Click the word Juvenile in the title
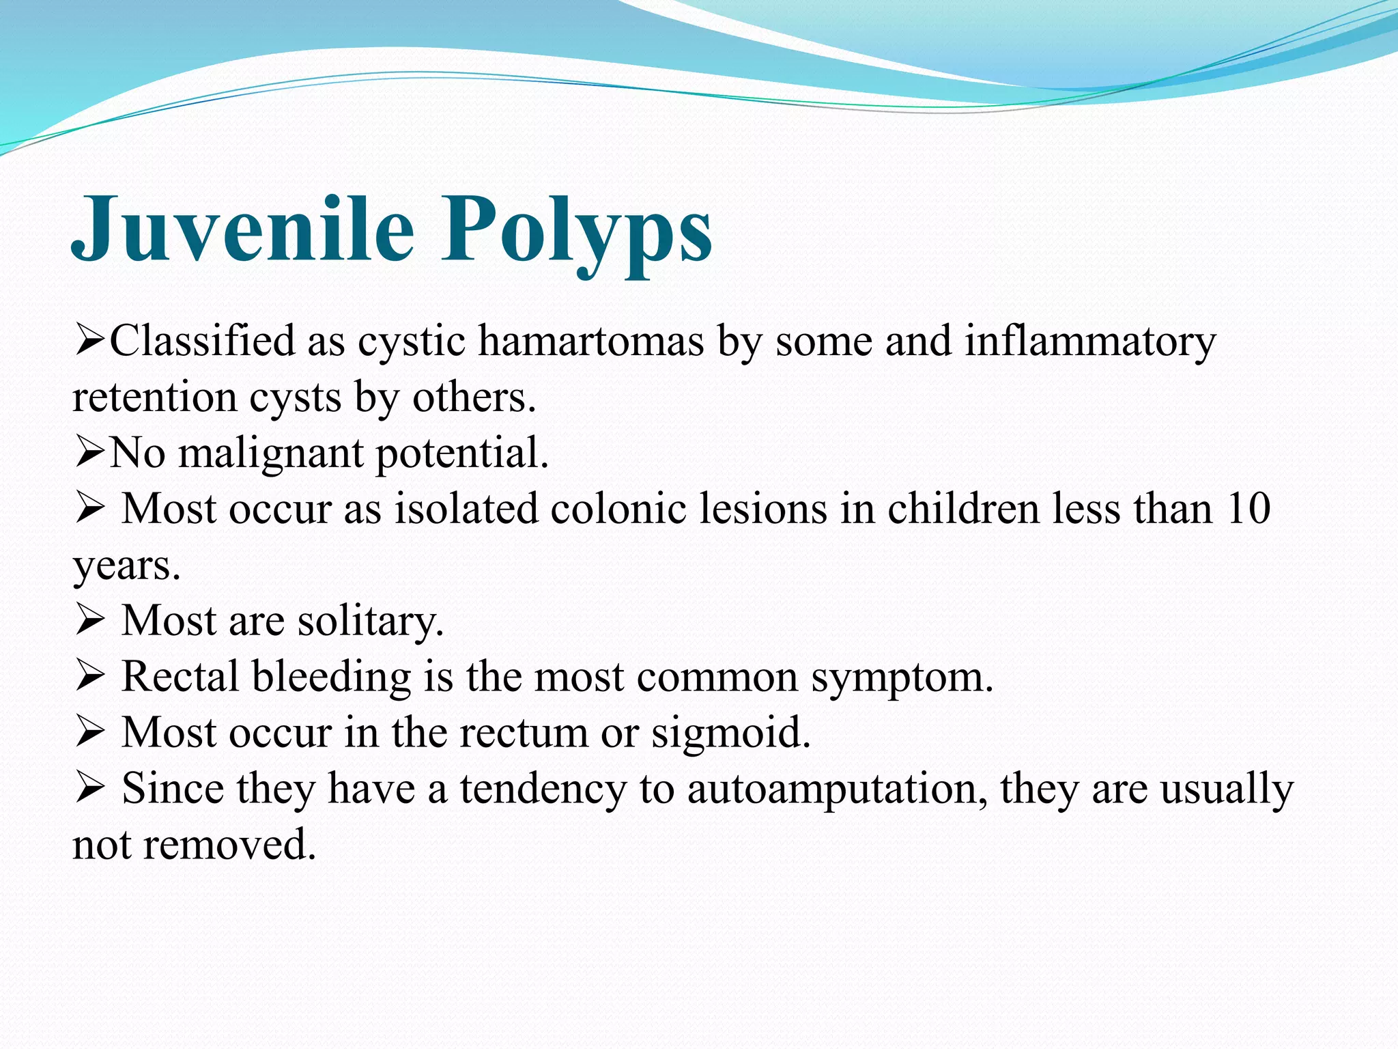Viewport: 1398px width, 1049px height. pos(242,229)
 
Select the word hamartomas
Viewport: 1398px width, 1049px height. pos(590,341)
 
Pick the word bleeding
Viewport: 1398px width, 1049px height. pos(331,678)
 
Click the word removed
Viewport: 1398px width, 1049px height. pos(230,845)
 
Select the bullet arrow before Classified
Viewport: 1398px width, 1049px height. pos(89,341)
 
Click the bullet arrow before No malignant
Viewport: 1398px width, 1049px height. pos(89,453)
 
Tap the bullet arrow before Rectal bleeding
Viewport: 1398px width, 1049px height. pos(89,677)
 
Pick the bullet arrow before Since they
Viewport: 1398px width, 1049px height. pos(89,789)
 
